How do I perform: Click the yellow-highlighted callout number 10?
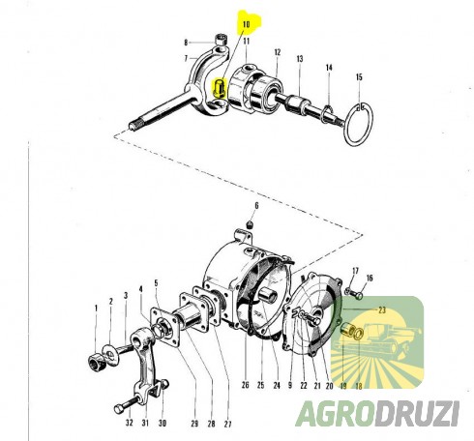pos(246,21)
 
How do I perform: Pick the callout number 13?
pos(300,59)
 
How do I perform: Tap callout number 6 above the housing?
pos(256,206)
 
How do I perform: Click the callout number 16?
pos(369,278)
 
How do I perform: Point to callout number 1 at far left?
pos(97,307)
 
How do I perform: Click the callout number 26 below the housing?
pos(247,385)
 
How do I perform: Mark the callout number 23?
pos(380,309)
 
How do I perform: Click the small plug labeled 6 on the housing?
pos(249,225)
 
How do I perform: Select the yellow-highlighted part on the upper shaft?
pos(219,91)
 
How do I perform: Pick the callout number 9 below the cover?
pos(289,385)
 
